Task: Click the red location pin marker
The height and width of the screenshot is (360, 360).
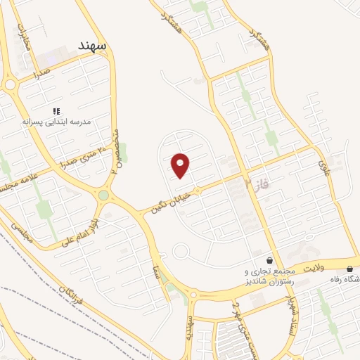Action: (x=181, y=165)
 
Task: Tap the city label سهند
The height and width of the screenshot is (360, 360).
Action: (x=91, y=46)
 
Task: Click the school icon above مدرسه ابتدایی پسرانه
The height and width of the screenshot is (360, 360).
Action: (x=57, y=111)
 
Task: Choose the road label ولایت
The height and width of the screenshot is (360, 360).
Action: (x=318, y=266)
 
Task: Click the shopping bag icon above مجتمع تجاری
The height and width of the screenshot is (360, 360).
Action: (x=270, y=259)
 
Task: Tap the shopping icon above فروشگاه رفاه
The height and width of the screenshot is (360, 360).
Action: (x=350, y=268)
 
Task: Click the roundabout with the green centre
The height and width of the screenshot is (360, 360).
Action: (x=104, y=195)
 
